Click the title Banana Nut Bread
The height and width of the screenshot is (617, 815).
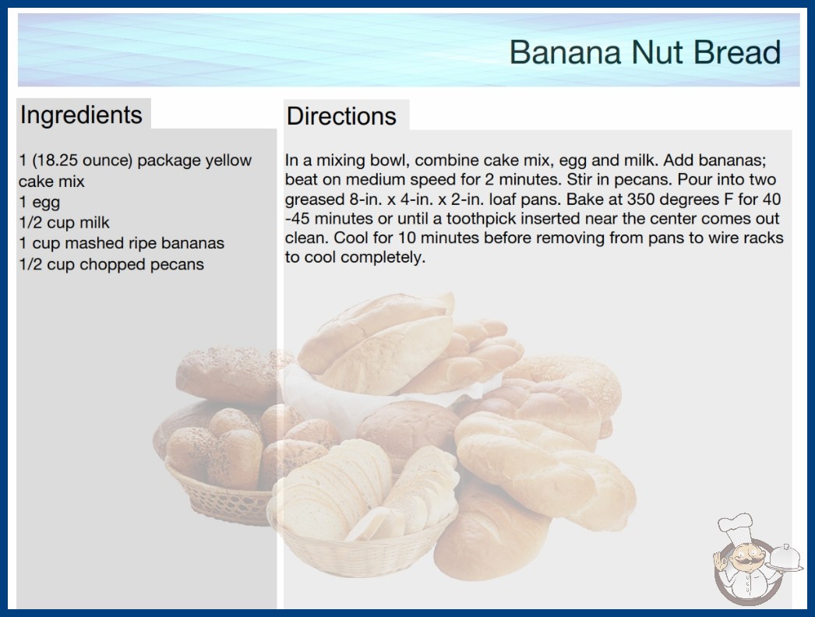coord(644,52)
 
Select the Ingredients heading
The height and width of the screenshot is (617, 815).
coord(81,115)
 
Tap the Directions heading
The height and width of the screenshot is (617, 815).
coord(341,116)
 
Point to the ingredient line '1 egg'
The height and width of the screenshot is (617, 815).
coord(40,203)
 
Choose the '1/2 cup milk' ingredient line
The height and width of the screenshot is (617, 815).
coord(65,223)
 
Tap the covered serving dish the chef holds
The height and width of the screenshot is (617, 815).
coord(785,559)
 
